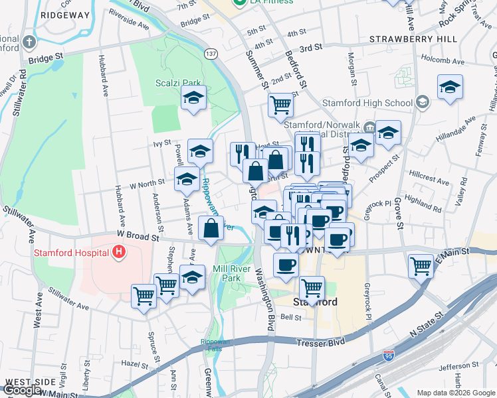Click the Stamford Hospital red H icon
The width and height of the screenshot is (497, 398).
[x=119, y=252]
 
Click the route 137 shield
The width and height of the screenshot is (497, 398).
[x=210, y=54]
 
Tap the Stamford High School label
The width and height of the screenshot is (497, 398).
[x=367, y=103]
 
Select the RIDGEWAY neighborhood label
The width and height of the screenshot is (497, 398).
[x=64, y=14]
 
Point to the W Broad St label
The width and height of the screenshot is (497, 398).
[x=138, y=234]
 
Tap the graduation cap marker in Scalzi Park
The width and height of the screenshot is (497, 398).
[x=194, y=98]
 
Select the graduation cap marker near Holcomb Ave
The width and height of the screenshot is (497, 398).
[x=450, y=87]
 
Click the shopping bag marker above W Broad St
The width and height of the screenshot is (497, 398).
[x=211, y=229]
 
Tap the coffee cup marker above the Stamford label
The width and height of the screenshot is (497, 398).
[x=286, y=264]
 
